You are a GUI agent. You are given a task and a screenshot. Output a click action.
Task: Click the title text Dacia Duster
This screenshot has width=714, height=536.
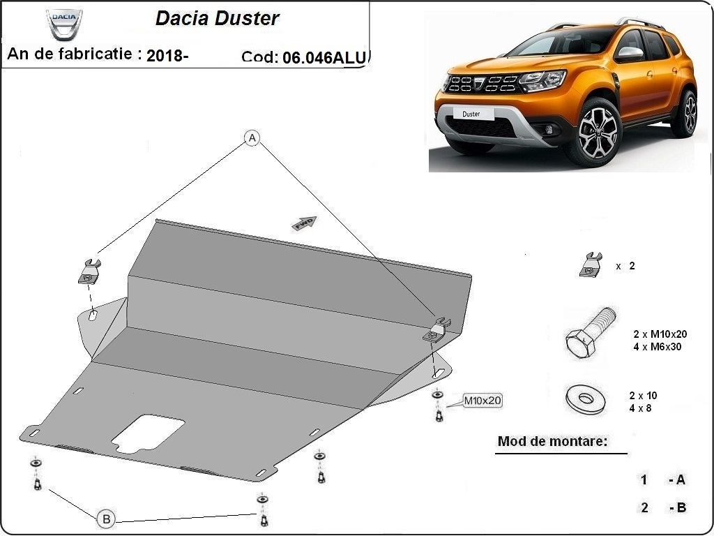click(x=217, y=19)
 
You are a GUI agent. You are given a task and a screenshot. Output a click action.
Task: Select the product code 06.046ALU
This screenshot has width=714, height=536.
click(x=324, y=58)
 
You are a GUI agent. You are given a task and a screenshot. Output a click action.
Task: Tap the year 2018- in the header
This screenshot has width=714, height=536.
click(x=167, y=57)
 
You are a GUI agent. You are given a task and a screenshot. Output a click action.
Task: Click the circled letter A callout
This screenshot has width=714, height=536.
click(x=252, y=138)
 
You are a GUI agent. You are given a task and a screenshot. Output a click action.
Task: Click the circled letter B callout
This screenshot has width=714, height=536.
click(x=106, y=519)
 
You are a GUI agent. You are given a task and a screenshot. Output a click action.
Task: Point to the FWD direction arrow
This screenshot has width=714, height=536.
click(x=305, y=223)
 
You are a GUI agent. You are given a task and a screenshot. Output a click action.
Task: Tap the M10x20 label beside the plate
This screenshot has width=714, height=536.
click(x=483, y=401)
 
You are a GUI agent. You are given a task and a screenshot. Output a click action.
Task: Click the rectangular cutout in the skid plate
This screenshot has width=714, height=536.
click(x=148, y=433)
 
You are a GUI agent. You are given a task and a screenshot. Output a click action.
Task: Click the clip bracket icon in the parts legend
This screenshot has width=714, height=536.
click(x=591, y=265)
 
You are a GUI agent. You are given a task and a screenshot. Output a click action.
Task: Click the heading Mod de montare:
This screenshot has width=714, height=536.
click(x=552, y=441)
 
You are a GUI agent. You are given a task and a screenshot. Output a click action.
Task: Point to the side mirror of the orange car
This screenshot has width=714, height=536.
click(x=630, y=54)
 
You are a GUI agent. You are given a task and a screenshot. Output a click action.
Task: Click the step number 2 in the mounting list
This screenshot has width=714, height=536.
click(x=644, y=507)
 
